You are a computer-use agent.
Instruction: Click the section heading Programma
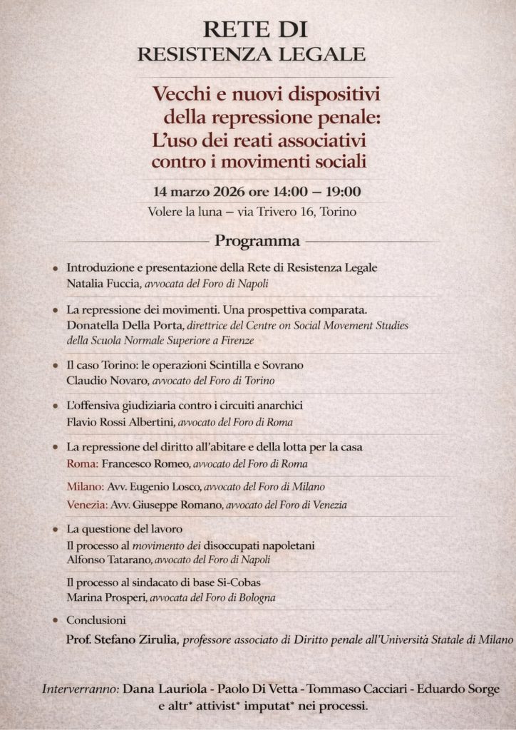pyautogui.click(x=257, y=241)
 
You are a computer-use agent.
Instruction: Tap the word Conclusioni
pyautogui.click(x=96, y=620)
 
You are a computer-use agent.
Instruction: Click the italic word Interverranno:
pyautogui.click(x=81, y=689)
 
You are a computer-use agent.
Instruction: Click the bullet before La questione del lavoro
pyautogui.click(x=56, y=530)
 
